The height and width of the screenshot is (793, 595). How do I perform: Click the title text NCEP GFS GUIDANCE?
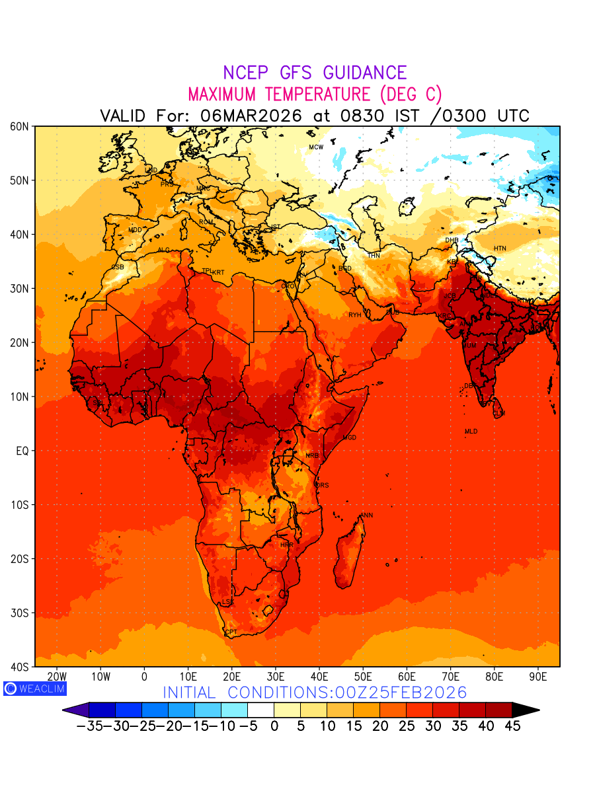tap(315, 73)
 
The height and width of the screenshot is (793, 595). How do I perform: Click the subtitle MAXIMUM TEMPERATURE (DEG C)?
tap(315, 94)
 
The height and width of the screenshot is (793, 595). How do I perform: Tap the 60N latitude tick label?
tap(19, 126)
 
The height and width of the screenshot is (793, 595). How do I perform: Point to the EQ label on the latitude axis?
tap(21, 451)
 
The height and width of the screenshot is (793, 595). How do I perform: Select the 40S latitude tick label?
tap(19, 667)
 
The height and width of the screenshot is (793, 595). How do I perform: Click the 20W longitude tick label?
tap(58, 677)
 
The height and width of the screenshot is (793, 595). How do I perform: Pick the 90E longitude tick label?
tap(538, 677)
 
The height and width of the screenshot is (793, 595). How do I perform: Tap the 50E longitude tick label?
tap(363, 677)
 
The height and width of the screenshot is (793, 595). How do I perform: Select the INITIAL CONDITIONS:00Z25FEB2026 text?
tap(315, 693)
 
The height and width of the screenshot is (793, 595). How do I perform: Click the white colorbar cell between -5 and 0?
tap(260, 710)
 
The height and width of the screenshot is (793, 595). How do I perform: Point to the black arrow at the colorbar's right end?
tap(526, 710)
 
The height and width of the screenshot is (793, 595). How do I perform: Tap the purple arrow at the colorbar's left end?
tap(75, 710)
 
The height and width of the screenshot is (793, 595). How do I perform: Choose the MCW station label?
tap(316, 147)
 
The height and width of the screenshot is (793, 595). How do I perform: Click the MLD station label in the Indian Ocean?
tap(471, 432)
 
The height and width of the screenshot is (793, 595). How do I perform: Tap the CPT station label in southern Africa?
tap(231, 632)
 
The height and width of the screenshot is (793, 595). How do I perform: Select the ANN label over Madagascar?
tap(366, 515)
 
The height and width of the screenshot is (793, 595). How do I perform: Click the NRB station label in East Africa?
tap(312, 456)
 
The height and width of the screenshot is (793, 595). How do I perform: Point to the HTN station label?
tap(500, 248)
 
